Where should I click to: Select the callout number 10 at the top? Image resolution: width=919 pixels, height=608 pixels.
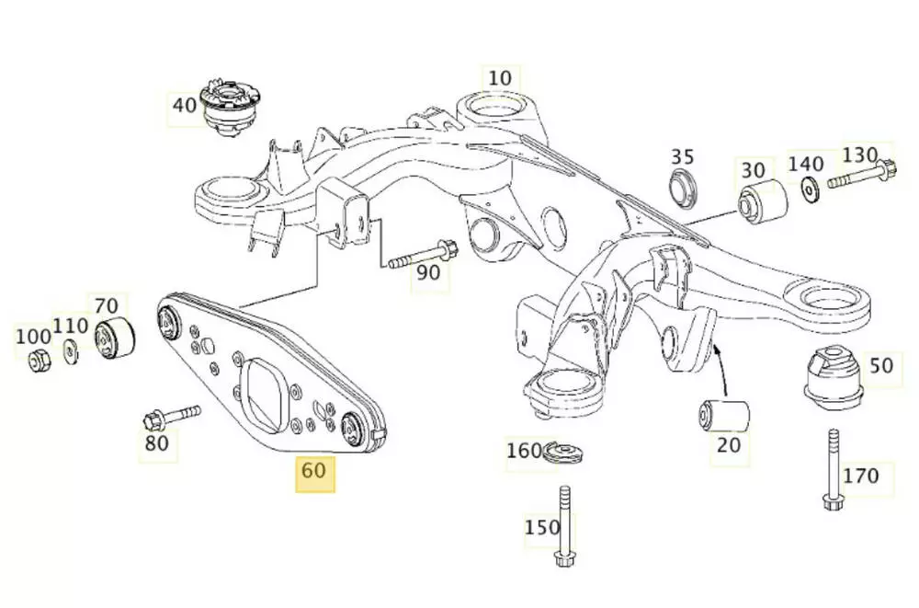pos(499,78)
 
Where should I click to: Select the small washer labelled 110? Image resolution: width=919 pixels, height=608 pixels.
pos(71,350)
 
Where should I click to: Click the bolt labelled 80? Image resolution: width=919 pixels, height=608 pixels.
pos(170,417)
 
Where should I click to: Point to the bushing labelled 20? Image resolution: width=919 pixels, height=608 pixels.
pos(724,414)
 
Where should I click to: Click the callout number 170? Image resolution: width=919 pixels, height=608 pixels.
pos(860,476)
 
